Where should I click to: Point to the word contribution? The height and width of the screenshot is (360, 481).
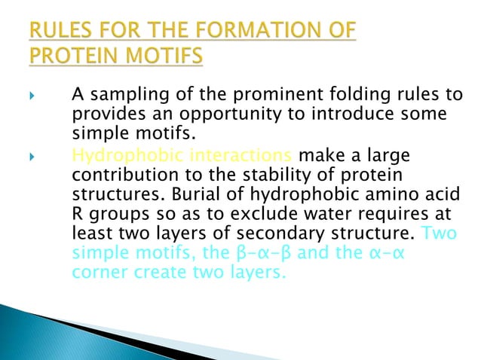(x=121, y=175)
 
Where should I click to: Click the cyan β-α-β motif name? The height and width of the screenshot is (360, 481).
(x=248, y=253)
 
